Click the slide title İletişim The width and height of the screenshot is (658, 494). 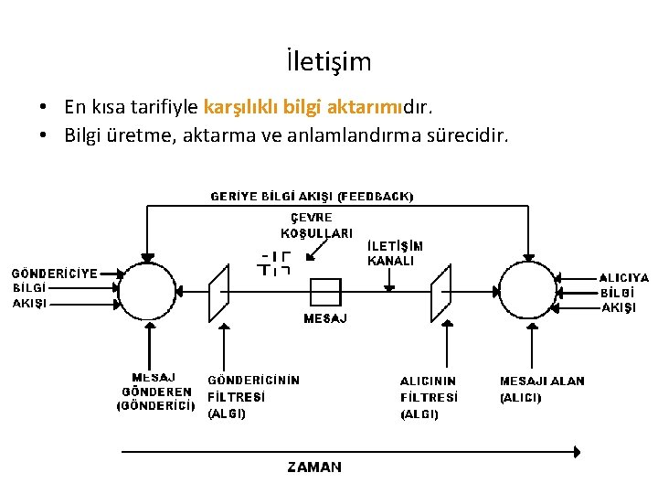point(328,62)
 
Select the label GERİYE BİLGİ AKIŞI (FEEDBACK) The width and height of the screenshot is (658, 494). point(312,196)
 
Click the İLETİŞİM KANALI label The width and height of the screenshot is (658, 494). point(395,252)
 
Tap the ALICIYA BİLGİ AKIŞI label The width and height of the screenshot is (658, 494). point(624,292)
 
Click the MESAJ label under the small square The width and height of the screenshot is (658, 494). point(324,318)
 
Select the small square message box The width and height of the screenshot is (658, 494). point(325,292)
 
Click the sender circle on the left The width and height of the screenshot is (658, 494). point(148,292)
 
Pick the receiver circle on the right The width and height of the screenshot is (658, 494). point(527,292)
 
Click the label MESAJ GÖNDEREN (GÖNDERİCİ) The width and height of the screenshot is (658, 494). point(155,391)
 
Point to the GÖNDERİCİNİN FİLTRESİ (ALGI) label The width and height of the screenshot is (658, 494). point(253,397)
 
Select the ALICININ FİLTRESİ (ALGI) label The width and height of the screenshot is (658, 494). point(429,398)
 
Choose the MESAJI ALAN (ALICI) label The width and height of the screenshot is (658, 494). point(542,389)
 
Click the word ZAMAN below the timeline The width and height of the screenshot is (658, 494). point(314,467)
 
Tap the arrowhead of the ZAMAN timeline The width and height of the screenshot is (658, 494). point(576,450)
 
